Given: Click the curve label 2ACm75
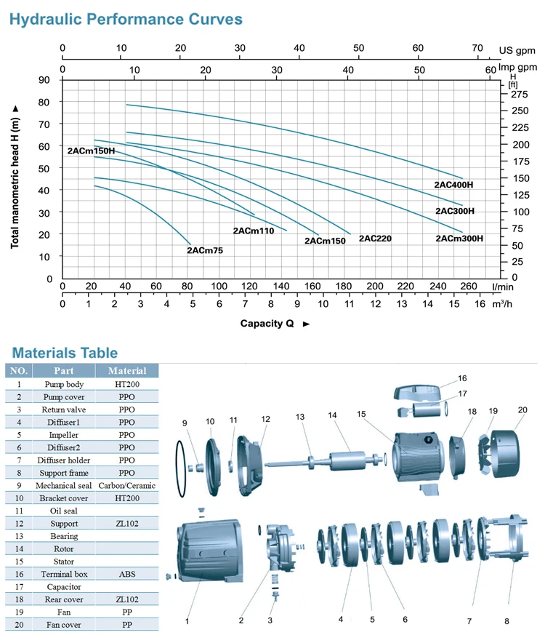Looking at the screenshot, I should coord(205,250).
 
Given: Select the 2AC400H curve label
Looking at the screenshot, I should coord(453,185).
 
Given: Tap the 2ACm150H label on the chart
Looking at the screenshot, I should coord(91,151).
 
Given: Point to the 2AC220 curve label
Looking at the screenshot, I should coord(375,239).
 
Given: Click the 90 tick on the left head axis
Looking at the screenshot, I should coord(45,80).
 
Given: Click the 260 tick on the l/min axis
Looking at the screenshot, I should coord(469,287).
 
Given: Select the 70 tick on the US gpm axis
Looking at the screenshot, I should coord(477,49).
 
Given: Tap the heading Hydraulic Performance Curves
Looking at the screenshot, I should coord(126,20).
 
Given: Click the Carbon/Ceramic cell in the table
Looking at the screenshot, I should coord(127,485).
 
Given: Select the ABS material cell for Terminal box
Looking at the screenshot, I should coord(127,573).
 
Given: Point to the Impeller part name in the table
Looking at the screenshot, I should coord(64,434).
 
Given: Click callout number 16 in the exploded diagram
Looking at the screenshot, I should coord(462,378).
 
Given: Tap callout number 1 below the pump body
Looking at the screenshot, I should coord(187,621).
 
